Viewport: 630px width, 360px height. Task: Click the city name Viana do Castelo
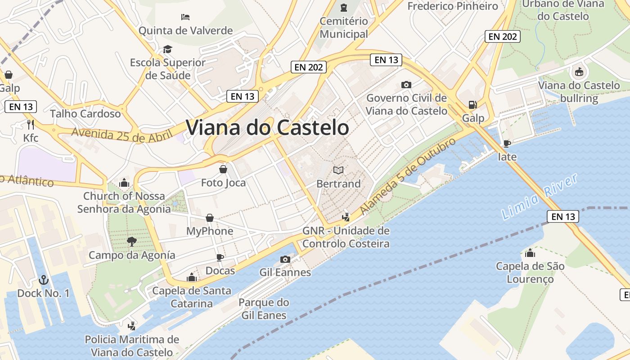(267, 128)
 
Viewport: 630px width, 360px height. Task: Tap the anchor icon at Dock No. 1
(44, 280)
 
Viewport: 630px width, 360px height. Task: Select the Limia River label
(540, 197)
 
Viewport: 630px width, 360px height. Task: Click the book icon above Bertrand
(338, 170)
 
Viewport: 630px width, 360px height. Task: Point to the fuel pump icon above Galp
(472, 105)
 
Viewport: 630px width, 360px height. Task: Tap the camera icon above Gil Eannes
(285, 259)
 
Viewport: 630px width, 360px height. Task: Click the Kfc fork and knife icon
(31, 124)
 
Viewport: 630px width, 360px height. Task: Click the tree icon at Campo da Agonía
(132, 242)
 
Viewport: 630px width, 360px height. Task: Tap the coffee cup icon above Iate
(507, 144)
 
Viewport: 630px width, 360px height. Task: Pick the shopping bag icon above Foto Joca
(223, 169)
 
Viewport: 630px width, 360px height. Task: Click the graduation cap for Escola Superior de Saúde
(168, 49)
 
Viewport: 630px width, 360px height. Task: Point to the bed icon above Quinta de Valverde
(185, 17)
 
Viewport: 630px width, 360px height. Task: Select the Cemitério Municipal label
(344, 27)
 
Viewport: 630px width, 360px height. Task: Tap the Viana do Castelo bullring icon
(579, 72)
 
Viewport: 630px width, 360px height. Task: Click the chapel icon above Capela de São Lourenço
(530, 253)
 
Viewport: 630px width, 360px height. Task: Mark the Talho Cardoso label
(85, 113)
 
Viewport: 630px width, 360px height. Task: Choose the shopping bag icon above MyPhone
(210, 218)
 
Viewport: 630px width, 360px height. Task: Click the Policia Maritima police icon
(132, 326)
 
